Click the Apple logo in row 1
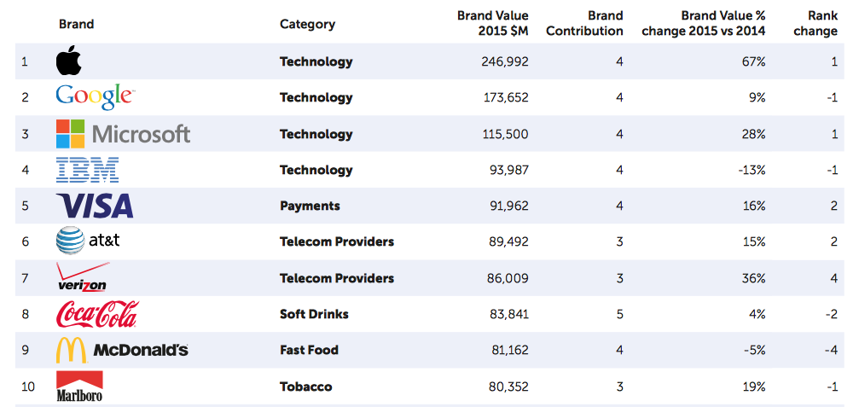pyautogui.click(x=68, y=61)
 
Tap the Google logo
pyautogui.click(x=95, y=97)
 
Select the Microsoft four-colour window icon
pyautogui.click(x=71, y=134)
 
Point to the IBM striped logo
pyautogui.click(x=87, y=170)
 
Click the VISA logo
pyautogui.click(x=95, y=206)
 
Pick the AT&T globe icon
pyautogui.click(x=70, y=241)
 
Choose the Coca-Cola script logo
pyautogui.click(x=96, y=314)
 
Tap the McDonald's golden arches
pyautogui.click(x=71, y=350)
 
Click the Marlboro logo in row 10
pyautogui.click(x=79, y=387)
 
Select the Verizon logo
pyautogui.click(x=82, y=278)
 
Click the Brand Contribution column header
pyautogui.click(x=584, y=24)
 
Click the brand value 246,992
pyautogui.click(x=505, y=61)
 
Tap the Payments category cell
pyautogui.click(x=310, y=206)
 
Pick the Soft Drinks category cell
pyautogui.click(x=314, y=314)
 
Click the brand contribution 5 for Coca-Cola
pyautogui.click(x=619, y=314)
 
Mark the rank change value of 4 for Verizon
pyautogui.click(x=833, y=278)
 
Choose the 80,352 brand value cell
pyautogui.click(x=508, y=387)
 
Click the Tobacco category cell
pyautogui.click(x=305, y=387)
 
